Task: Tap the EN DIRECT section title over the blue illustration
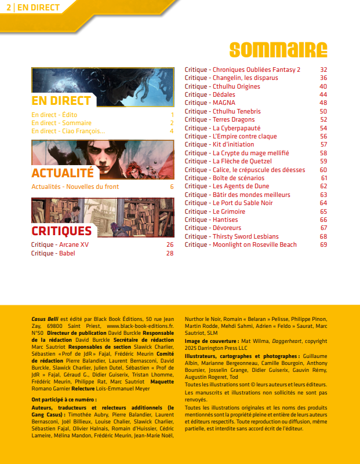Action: tap(61, 101)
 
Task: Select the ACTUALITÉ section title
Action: tap(62, 173)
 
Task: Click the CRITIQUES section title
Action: tap(61, 231)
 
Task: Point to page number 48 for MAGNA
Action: tap(323, 103)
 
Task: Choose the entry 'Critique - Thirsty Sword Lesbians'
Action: tap(231, 236)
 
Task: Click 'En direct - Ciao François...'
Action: tap(68, 131)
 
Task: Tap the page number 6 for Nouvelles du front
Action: tap(172, 187)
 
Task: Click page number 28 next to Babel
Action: tap(170, 253)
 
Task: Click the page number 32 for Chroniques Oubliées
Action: tap(323, 70)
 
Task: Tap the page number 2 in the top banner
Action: tap(8, 7)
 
